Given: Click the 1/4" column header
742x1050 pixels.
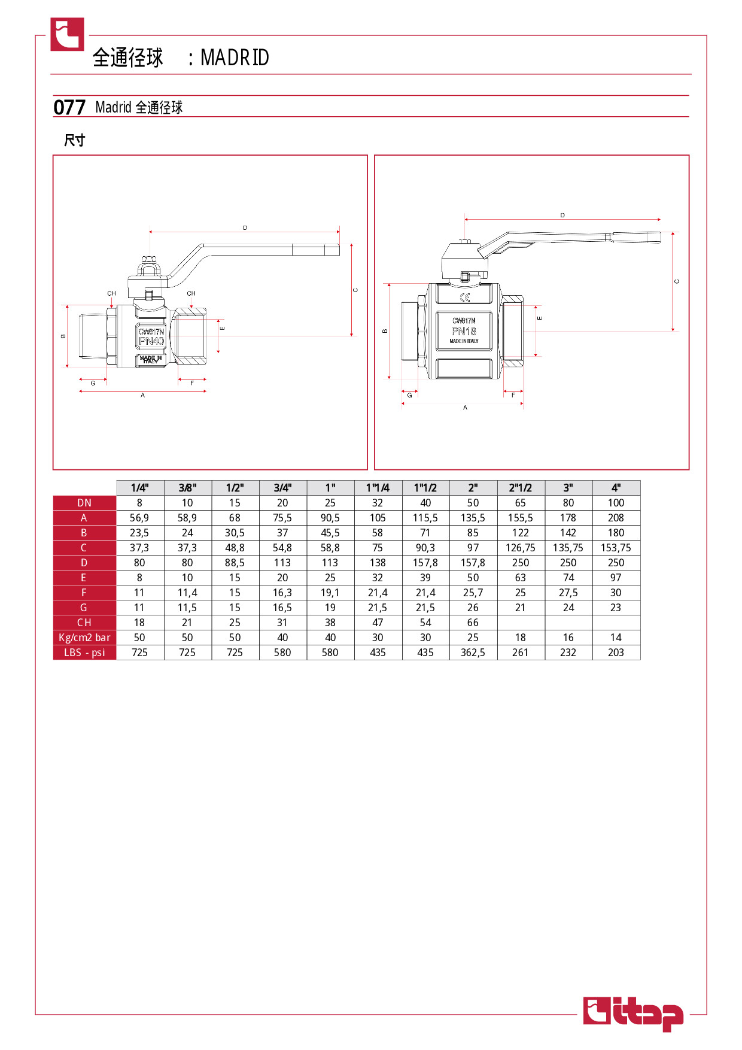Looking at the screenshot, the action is point(139,488).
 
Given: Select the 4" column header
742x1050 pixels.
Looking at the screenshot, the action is point(616,488).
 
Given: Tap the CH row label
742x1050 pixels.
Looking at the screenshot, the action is point(84,623).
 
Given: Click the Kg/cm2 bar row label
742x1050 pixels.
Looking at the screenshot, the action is point(84,638).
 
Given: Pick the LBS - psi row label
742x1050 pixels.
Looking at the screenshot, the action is point(84,653).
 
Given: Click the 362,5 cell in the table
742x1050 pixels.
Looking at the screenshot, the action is point(473,653).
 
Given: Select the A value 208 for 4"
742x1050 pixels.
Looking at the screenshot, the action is point(616,518).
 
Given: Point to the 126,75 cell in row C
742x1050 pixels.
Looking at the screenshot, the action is point(521,548).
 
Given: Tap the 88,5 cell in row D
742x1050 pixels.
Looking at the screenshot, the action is point(235,563).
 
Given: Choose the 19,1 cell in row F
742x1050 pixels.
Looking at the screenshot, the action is point(330,593).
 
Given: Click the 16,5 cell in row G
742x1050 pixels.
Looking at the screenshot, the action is point(282,608).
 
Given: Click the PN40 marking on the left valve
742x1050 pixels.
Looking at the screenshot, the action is point(151,341).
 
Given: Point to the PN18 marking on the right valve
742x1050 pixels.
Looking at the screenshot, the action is point(464,331).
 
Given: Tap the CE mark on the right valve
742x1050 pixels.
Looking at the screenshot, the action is point(465,298).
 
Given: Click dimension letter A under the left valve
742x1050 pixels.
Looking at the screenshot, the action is point(142,395).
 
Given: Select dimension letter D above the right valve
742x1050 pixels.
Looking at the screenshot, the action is point(562,215).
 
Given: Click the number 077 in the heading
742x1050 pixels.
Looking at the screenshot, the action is point(69,107).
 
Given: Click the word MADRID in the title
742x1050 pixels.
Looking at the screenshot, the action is point(235,57).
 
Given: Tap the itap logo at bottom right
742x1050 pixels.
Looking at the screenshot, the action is point(633,1014).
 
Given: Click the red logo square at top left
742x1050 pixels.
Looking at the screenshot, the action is point(67,34).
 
